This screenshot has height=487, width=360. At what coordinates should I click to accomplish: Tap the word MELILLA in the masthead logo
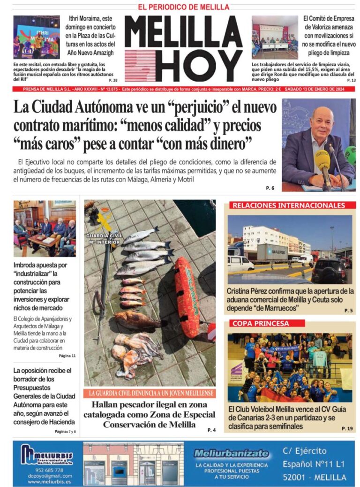[183, 32]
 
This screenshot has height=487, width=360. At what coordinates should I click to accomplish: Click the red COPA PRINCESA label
[261, 323]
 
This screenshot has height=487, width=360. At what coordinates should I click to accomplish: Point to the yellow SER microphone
[322, 161]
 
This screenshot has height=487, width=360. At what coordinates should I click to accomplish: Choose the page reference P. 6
[270, 188]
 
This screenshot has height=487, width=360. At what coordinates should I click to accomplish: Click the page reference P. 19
[347, 428]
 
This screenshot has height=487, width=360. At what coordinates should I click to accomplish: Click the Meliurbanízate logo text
[231, 454]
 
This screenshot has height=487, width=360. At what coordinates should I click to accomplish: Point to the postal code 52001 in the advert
[296, 477]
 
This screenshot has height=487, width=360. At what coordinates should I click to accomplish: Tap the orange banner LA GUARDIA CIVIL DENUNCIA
[150, 393]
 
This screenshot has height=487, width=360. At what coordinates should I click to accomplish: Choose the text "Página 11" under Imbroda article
[67, 356]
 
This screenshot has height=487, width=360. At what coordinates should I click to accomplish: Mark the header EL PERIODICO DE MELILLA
[183, 7]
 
